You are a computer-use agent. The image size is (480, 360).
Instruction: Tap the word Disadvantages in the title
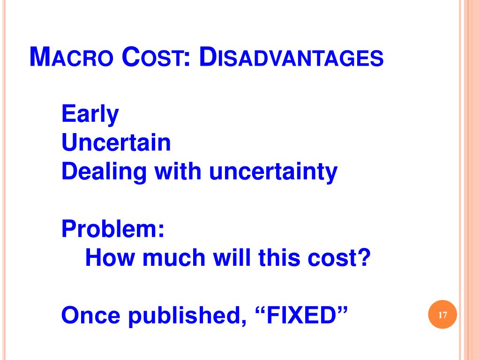click(x=291, y=58)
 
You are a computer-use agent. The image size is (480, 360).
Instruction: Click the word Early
click(x=90, y=114)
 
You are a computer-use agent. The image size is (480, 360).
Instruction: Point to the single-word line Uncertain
click(x=116, y=143)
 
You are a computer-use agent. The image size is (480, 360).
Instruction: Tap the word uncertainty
click(x=273, y=172)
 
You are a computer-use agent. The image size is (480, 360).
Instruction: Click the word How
click(x=107, y=258)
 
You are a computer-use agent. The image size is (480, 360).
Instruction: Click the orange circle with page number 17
click(x=442, y=315)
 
